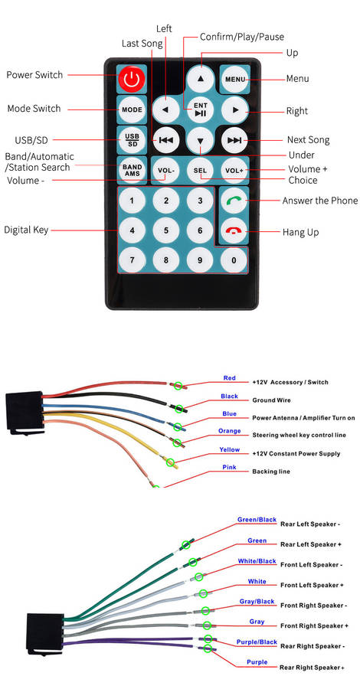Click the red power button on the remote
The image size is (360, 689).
pos(132,79)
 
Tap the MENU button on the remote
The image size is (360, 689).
pos(234,80)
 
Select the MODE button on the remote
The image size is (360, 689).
pos(132,109)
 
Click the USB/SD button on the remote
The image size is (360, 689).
pos(132,140)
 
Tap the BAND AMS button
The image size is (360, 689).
pos(132,170)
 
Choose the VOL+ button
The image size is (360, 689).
pos(234,170)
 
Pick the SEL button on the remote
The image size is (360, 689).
pos(200,170)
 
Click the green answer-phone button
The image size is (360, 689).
pos(234,201)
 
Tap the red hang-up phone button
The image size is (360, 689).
pos(234,230)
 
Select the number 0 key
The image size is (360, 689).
pos(234,260)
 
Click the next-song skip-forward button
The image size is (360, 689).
pos(234,140)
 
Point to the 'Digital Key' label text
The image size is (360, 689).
pos(26,230)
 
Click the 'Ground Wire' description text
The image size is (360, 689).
pos(271,400)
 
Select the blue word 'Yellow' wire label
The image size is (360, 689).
pos(230,449)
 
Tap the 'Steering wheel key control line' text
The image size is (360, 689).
pos(299,435)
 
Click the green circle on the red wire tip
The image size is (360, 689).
pos(178,386)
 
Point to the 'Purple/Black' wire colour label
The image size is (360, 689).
pos(257,642)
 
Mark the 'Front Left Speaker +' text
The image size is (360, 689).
pos(312,586)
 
